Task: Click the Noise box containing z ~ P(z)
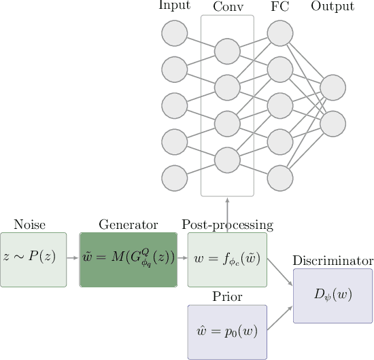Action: (33, 259)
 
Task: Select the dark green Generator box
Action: (129, 259)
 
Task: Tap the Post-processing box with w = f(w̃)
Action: (227, 259)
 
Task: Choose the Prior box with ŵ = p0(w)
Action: (227, 331)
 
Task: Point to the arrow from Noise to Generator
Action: (73, 259)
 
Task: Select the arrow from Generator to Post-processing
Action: (182, 259)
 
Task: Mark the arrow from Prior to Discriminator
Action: (280, 319)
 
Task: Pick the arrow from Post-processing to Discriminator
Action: (280, 274)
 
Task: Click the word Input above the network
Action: (174, 7)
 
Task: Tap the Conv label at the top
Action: (227, 7)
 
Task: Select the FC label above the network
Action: (279, 7)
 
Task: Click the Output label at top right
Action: (333, 7)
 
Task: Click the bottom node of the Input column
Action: (175, 178)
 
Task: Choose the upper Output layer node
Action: (333, 87)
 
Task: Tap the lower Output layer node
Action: (333, 124)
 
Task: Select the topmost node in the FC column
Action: (279, 33)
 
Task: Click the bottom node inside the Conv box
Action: (227, 160)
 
